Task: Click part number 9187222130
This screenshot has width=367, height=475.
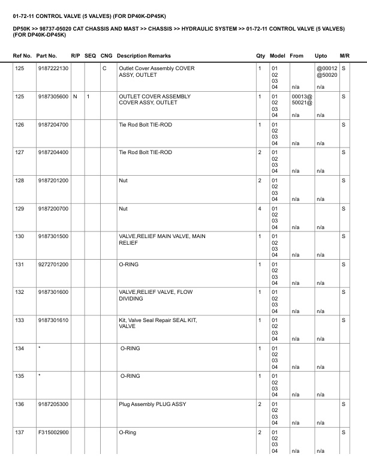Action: [53, 68]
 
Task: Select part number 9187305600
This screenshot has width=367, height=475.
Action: [53, 96]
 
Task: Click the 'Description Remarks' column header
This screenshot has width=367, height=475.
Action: [143, 55]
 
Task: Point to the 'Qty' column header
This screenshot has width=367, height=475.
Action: [260, 55]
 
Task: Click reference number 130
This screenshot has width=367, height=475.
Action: [20, 237]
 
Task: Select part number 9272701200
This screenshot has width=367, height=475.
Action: [53, 264]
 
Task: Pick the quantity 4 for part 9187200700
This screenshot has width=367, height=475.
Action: [260, 209]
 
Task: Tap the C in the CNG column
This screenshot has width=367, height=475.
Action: [104, 68]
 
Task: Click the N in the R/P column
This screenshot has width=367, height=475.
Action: [74, 96]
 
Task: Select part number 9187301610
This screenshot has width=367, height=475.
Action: [53, 321]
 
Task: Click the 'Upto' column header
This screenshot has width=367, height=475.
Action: [321, 55]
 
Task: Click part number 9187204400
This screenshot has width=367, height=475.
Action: [53, 152]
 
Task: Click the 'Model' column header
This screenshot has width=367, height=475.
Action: [277, 55]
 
